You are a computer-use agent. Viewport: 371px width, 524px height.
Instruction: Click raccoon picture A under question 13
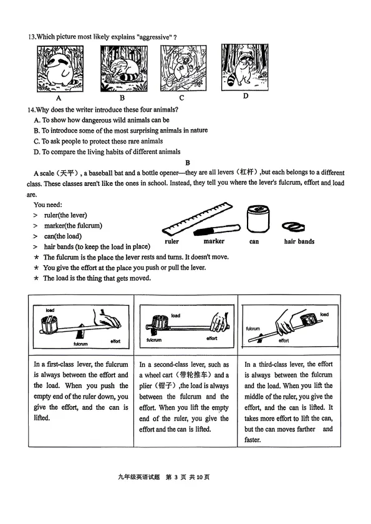tap(60, 69)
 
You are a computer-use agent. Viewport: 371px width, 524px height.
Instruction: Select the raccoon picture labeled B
tap(124, 69)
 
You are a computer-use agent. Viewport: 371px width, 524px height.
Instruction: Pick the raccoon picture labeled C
tap(183, 68)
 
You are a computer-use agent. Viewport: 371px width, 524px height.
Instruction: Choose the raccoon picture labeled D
tap(245, 67)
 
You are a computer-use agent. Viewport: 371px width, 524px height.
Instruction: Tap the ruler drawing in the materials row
tap(198, 218)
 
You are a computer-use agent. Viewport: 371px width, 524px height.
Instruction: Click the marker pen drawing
tap(217, 230)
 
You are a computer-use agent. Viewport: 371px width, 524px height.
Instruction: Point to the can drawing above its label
tap(258, 219)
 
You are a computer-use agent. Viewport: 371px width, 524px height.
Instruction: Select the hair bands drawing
tap(294, 227)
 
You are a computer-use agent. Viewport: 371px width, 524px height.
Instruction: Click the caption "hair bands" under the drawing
tap(299, 241)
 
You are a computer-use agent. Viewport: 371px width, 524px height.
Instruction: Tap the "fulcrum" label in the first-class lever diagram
tap(80, 344)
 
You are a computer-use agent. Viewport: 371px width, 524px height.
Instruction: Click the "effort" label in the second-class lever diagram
tap(212, 338)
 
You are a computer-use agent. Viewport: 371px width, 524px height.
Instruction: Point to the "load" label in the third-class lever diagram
tap(324, 314)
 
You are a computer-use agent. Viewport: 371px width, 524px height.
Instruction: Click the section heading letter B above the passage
tap(188, 163)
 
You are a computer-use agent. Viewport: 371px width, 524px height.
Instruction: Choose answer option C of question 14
tap(98, 141)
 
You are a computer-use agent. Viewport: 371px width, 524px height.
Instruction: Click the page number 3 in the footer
tap(176, 477)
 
